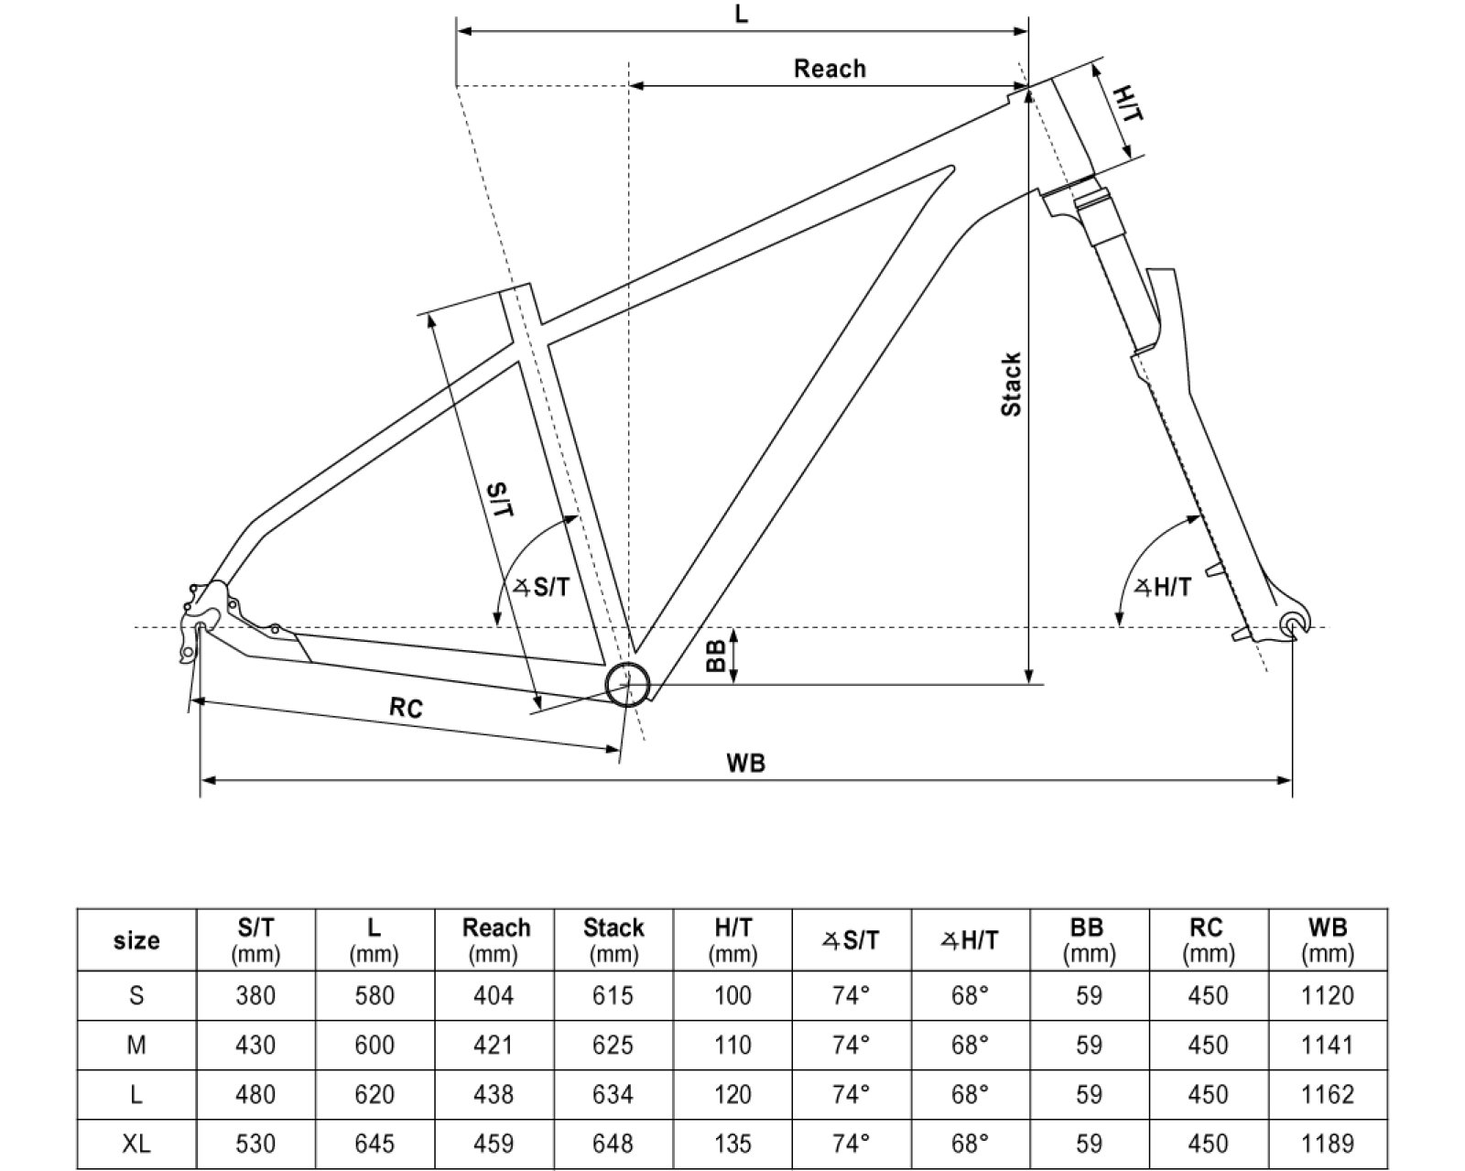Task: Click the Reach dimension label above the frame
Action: tap(830, 69)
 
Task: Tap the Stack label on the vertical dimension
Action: tap(1011, 385)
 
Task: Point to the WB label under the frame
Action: tap(745, 763)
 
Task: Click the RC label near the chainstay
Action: tap(406, 708)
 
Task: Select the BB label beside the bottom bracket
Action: tap(716, 656)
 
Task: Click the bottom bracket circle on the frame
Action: tap(628, 683)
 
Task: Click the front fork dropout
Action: tap(1293, 624)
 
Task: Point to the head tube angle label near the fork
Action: tap(1164, 587)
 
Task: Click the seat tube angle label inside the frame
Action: tap(542, 587)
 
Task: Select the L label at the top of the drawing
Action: tap(742, 15)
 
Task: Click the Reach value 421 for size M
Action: tap(494, 1045)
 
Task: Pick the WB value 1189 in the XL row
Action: tap(1327, 1144)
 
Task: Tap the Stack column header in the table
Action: tap(613, 939)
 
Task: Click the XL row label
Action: tap(136, 1144)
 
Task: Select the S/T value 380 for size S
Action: tap(255, 995)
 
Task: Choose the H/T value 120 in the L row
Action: tap(732, 1094)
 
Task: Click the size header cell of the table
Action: tap(136, 940)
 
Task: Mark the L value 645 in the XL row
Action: tap(374, 1144)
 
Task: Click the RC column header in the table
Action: tap(1208, 939)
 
